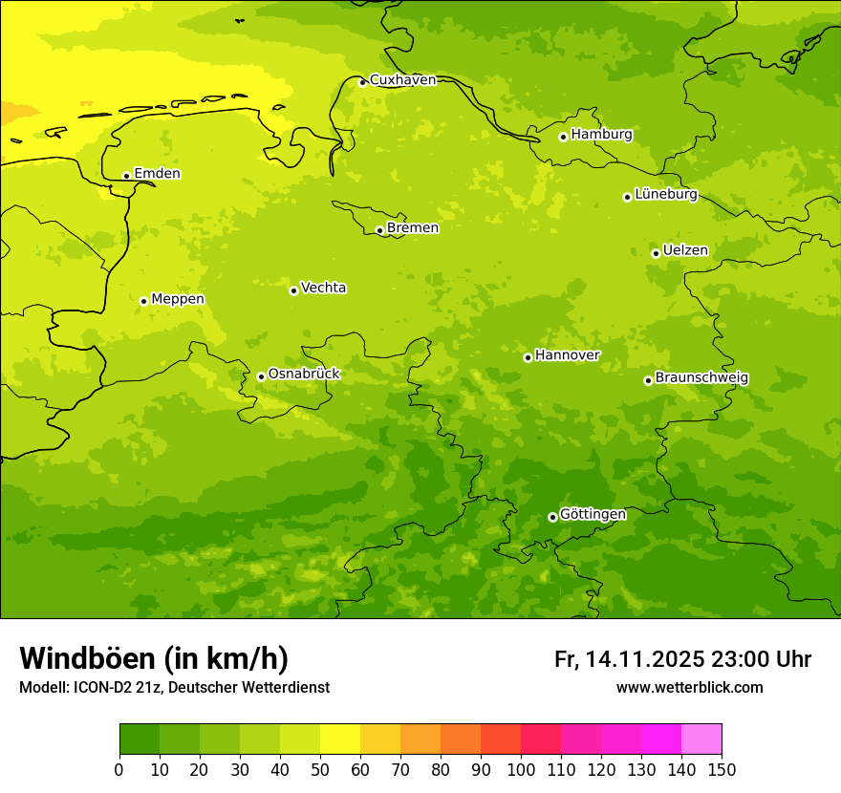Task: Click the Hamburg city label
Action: click(x=601, y=135)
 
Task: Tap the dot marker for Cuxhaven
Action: click(x=362, y=82)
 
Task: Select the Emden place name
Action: click(x=157, y=174)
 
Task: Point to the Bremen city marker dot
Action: click(x=379, y=230)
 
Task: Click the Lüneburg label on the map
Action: click(x=666, y=195)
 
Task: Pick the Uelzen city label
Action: click(x=685, y=251)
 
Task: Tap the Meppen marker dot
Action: click(x=143, y=301)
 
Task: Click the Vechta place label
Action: click(x=323, y=288)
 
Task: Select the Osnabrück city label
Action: click(x=304, y=375)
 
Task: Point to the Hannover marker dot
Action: click(x=528, y=357)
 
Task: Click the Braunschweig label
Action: click(x=701, y=378)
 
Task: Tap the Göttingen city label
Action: click(x=593, y=515)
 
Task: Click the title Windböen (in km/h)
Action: click(x=154, y=658)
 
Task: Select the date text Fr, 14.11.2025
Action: click(x=629, y=659)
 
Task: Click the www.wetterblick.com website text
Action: click(x=689, y=687)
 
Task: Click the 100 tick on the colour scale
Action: click(x=521, y=769)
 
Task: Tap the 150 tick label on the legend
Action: click(x=721, y=769)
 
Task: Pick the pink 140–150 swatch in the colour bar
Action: click(x=701, y=739)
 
